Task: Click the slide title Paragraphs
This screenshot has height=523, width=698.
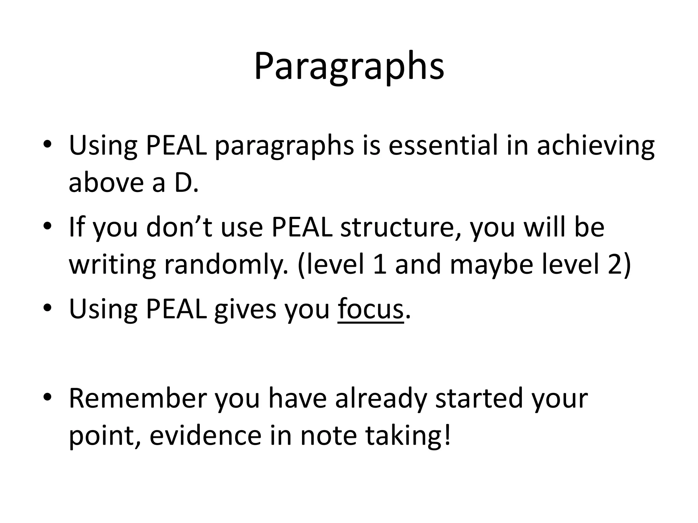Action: coord(349,66)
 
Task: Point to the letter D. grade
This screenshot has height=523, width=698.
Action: coord(186,183)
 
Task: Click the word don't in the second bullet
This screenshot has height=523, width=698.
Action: coord(179,227)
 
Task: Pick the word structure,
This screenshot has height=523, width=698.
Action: coord(401,227)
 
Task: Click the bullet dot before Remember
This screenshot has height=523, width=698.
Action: coord(47,397)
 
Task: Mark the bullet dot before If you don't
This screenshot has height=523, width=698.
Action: coord(47,226)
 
